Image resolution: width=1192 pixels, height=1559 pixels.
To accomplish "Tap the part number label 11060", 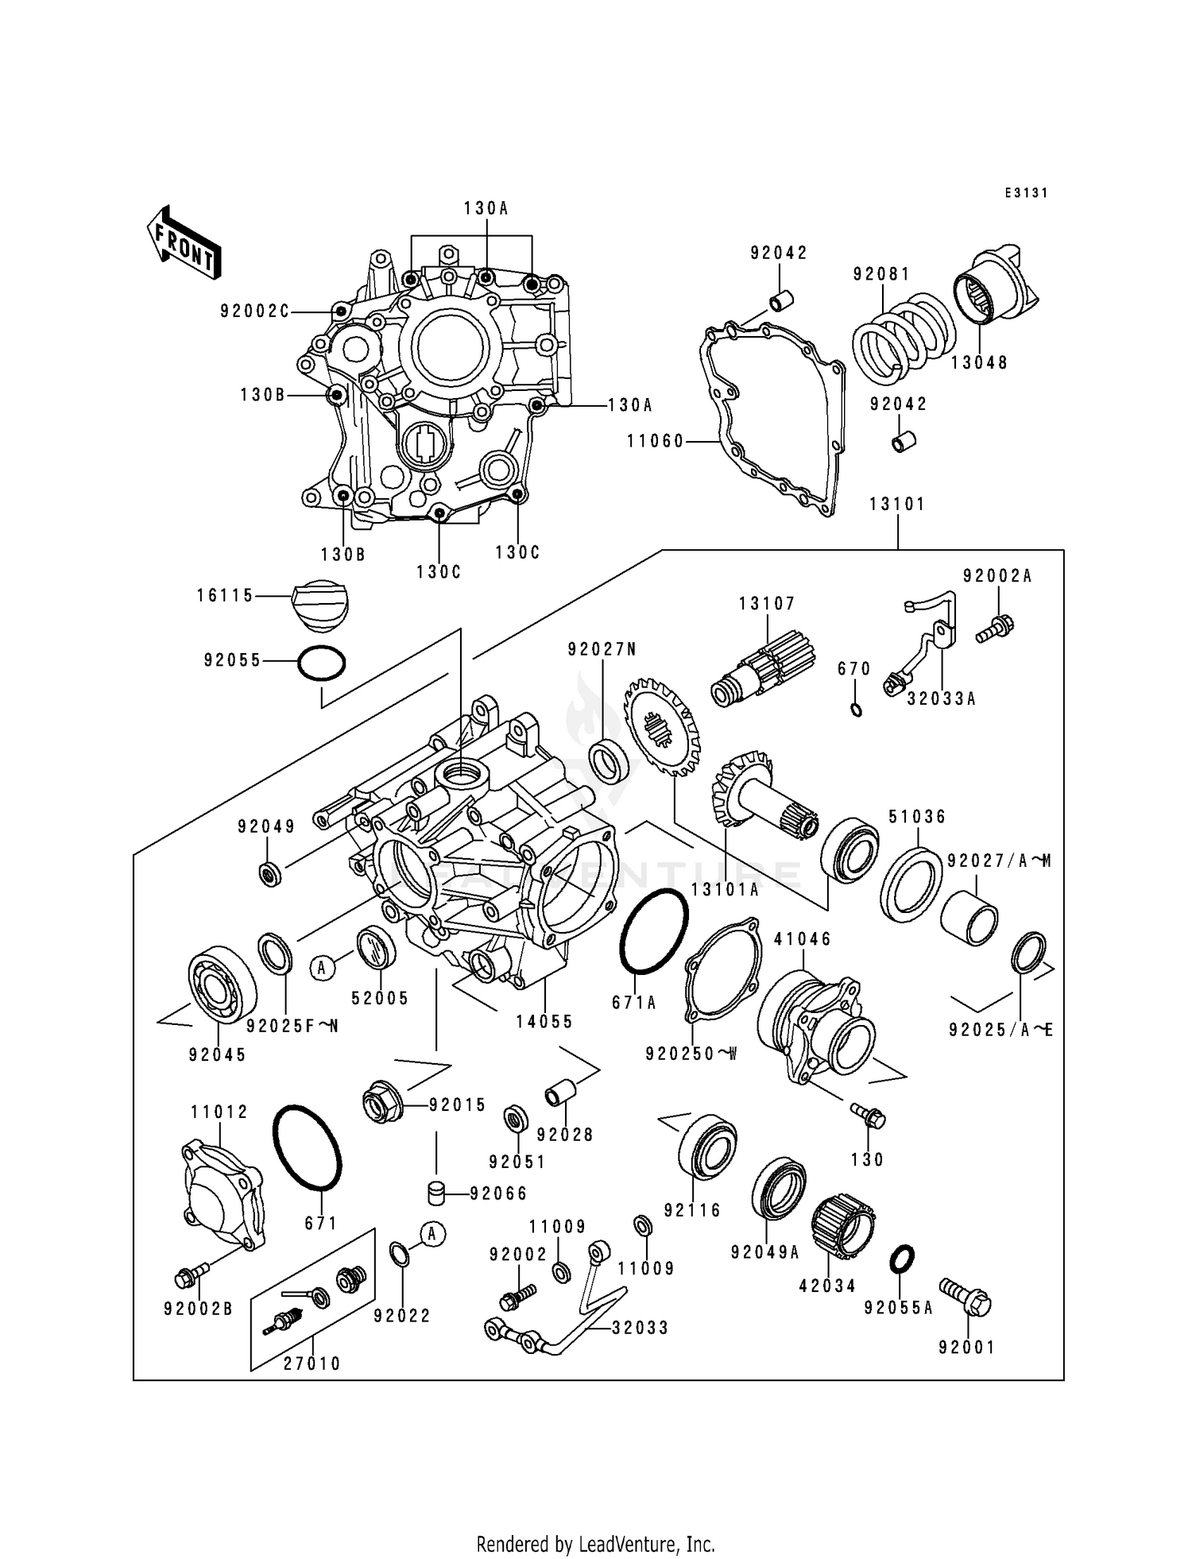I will pyautogui.click(x=655, y=441).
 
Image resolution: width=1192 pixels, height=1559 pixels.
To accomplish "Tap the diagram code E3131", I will pyautogui.click(x=1026, y=193).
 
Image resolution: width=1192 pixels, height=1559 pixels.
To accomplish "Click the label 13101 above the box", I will pyautogui.click(x=897, y=505).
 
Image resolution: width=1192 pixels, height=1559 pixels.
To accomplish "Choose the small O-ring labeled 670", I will pyautogui.click(x=856, y=709).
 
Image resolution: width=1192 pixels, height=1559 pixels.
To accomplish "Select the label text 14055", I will pyautogui.click(x=544, y=1023).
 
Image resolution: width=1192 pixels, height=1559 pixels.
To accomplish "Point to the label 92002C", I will pyautogui.click(x=254, y=312).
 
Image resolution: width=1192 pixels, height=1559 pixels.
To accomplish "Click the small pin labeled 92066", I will pyautogui.click(x=435, y=1193).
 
